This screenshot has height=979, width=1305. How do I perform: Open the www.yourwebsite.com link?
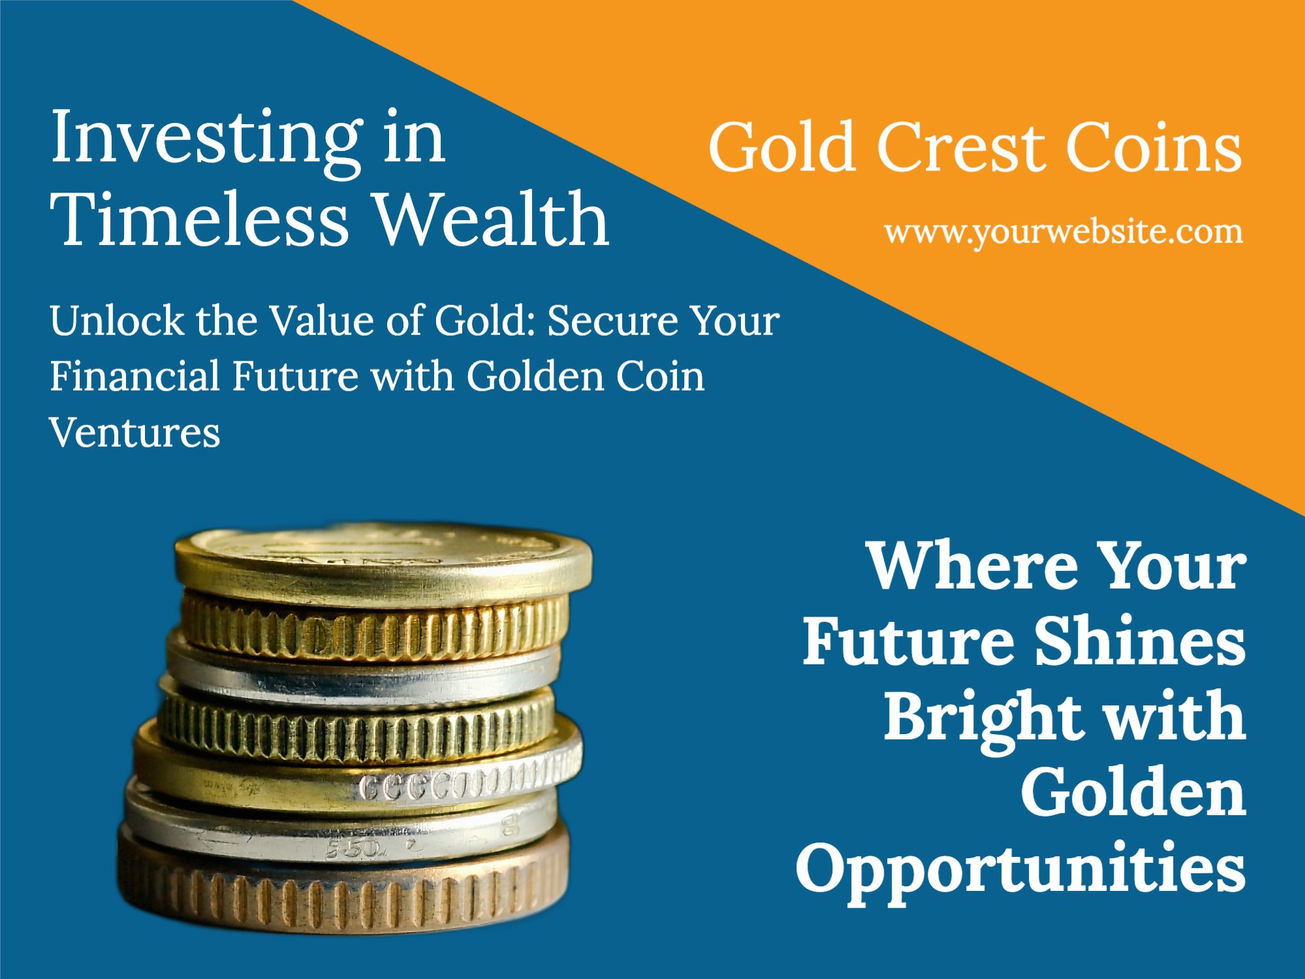point(1063,233)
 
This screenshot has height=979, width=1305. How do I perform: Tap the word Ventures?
point(135,432)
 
